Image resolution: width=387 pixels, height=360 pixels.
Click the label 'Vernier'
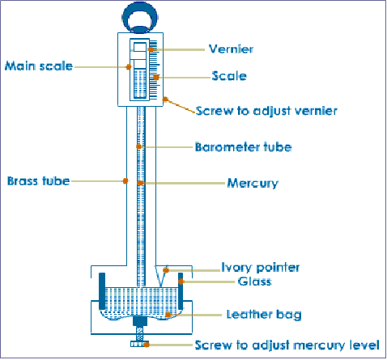[231, 49]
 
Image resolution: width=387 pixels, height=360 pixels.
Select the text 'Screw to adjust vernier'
[266, 110]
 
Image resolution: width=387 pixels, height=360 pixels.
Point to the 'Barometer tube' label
[242, 147]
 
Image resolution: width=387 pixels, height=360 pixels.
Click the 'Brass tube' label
[37, 180]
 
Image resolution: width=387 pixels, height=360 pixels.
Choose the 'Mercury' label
[252, 183]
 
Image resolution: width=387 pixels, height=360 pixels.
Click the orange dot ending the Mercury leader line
[141, 184]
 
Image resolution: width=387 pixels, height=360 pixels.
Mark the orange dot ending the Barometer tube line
[140, 146]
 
